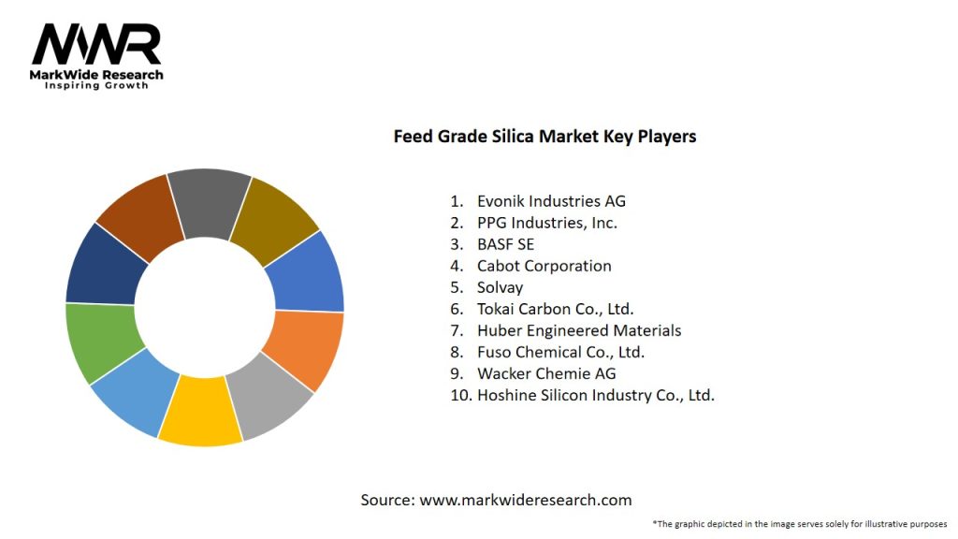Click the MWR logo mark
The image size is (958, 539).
(x=96, y=44)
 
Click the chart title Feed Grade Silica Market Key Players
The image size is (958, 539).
(x=544, y=137)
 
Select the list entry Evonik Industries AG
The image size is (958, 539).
(x=551, y=201)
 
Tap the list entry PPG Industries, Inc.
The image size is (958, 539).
(x=547, y=223)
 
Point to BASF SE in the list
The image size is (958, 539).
(x=505, y=244)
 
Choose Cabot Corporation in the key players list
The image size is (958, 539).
(x=544, y=266)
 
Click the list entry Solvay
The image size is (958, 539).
(x=500, y=287)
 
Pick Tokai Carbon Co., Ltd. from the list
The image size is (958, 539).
(x=556, y=309)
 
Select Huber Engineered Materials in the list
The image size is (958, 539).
(x=579, y=330)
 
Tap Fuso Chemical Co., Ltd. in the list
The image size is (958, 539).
(x=560, y=352)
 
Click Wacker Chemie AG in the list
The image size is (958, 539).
(x=546, y=373)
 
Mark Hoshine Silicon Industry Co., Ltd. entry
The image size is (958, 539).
(x=595, y=395)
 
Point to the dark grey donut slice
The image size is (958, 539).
(x=208, y=201)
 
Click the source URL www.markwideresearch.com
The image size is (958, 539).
(x=525, y=500)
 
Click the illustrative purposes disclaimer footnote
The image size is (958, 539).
(x=800, y=524)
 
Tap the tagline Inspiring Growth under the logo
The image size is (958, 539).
(x=96, y=85)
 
